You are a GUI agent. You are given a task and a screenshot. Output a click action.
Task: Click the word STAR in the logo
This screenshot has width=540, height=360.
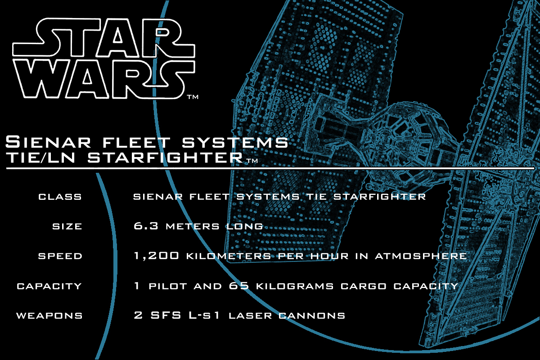tap(103, 38)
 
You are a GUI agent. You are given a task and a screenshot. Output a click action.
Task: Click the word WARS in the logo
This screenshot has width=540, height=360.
tap(103, 79)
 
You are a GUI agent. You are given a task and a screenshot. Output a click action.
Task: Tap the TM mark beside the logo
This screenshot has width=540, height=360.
tap(193, 97)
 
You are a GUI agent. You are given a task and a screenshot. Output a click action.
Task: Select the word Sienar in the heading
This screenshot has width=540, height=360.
tap(48, 142)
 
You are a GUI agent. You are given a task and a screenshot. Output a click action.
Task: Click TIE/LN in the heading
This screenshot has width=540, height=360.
tap(40, 157)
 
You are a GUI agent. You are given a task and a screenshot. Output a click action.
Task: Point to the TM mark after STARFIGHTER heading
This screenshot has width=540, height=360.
tap(252, 161)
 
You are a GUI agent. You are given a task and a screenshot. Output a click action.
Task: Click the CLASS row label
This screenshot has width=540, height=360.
tap(60, 197)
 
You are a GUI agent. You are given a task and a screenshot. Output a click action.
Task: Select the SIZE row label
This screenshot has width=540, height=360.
tap(67, 226)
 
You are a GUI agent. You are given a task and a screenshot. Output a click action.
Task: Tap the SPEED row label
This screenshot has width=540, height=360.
tap(60, 256)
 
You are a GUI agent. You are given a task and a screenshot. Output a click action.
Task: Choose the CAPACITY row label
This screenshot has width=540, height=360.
tap(49, 286)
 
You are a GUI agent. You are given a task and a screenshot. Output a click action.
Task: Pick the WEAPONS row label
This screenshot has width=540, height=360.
tap(49, 315)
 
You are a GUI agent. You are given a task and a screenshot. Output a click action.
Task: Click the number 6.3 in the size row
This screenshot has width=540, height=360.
tap(146, 226)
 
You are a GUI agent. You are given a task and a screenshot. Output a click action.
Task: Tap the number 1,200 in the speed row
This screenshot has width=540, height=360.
tap(157, 256)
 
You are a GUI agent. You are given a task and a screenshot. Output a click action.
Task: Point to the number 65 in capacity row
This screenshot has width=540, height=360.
tap(239, 286)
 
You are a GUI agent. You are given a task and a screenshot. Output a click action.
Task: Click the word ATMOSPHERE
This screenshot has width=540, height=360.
tap(421, 256)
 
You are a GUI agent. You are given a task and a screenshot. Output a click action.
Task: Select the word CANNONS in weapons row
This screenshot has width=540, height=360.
tap(312, 315)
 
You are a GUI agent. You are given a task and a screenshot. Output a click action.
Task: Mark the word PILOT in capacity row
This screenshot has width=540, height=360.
tap(168, 286)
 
